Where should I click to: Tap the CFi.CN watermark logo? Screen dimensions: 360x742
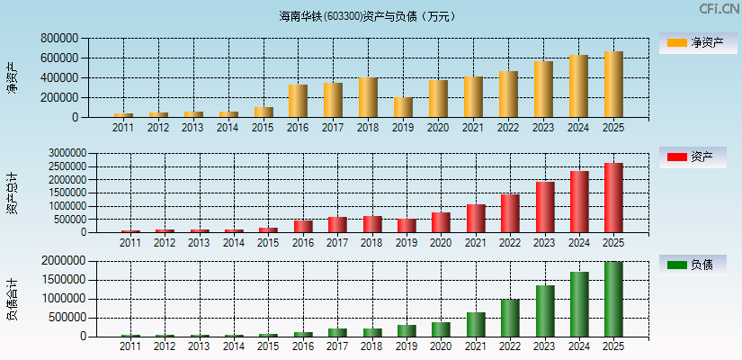click(719, 9)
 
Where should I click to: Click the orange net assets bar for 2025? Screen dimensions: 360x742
click(613, 85)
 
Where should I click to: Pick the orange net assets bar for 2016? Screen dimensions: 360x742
click(298, 101)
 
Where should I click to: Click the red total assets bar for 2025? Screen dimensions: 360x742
click(613, 198)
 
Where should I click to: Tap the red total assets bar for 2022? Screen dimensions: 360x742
click(510, 213)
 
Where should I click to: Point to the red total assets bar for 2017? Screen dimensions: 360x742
click(337, 224)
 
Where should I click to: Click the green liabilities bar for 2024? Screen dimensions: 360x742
click(579, 304)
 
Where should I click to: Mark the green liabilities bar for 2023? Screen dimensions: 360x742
click(545, 310)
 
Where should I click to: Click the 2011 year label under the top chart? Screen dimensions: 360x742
click(123, 128)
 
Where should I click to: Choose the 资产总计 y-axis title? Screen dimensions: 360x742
click(12, 193)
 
